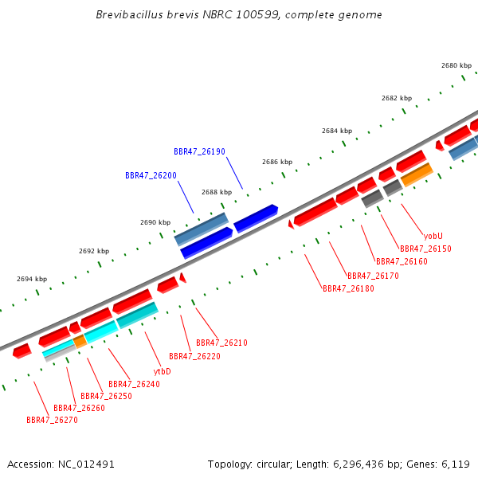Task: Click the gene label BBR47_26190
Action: point(199,151)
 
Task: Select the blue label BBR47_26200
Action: point(151,175)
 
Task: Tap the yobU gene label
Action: point(433,236)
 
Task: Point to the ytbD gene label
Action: point(163,371)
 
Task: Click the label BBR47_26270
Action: point(52,420)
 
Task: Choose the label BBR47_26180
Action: point(348,288)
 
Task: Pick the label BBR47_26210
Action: point(221,343)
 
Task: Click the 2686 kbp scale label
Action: point(277,162)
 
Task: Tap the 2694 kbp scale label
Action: point(32,279)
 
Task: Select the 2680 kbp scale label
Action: point(456,65)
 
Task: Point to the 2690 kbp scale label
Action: point(155,222)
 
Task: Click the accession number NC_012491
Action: point(86,464)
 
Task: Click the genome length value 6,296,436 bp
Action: point(366,464)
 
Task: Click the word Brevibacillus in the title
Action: point(130,14)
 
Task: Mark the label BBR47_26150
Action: point(425,249)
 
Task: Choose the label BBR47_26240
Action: point(134,384)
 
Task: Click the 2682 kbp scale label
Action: point(397,98)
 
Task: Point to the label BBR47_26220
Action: point(195,356)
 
